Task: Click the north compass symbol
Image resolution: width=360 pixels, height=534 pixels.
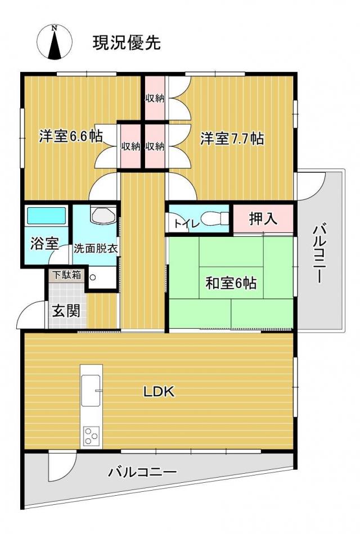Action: pyautogui.click(x=54, y=42)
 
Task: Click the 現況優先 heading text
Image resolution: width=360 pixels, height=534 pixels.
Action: pyautogui.click(x=127, y=43)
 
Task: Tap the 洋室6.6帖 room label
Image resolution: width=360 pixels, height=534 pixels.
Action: pyautogui.click(x=70, y=136)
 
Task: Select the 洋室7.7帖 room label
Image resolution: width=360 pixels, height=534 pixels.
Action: pyautogui.click(x=232, y=138)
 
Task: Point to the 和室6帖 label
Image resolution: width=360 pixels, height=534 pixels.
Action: pyautogui.click(x=231, y=282)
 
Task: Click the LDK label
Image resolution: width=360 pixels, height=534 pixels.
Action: pyautogui.click(x=159, y=392)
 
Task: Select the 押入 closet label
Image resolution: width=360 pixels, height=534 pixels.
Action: pyautogui.click(x=263, y=218)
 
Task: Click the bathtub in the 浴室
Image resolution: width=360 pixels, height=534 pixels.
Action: pyautogui.click(x=46, y=216)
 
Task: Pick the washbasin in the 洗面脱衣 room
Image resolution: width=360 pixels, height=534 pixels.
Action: pyautogui.click(x=103, y=214)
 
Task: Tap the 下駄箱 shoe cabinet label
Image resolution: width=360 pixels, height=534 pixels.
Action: pyautogui.click(x=67, y=275)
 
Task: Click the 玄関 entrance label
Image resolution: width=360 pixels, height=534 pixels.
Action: pyautogui.click(x=66, y=311)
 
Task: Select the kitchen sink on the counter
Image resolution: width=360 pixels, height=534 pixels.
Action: pyautogui.click(x=91, y=391)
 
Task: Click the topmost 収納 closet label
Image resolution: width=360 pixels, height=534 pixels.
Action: pyautogui.click(x=155, y=98)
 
